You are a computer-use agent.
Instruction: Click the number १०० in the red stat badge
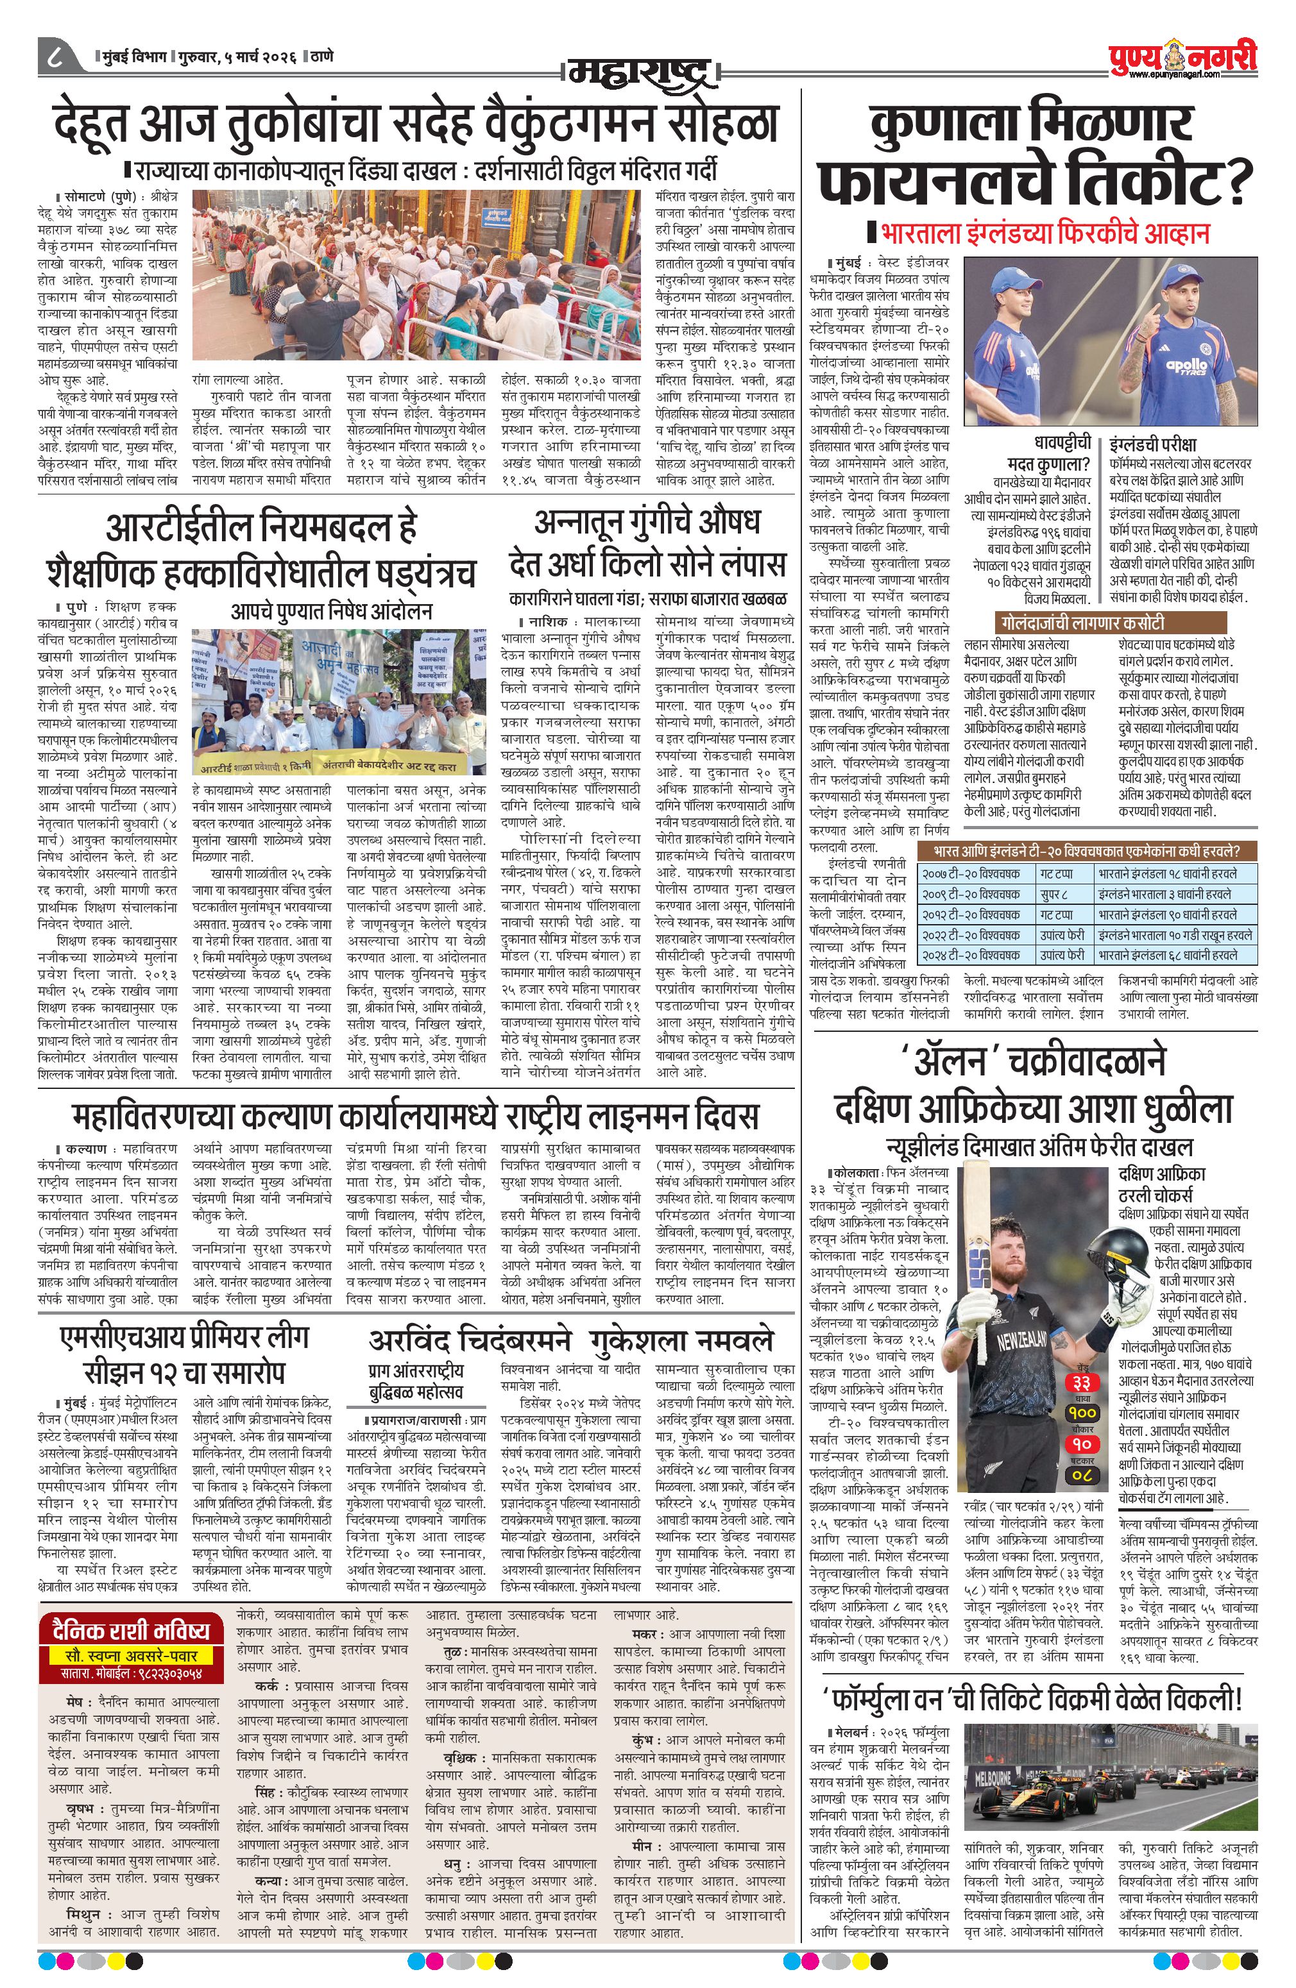[1083, 1411]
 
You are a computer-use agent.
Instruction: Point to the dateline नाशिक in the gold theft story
[548, 621]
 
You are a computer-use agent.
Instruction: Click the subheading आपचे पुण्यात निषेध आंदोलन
[331, 611]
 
